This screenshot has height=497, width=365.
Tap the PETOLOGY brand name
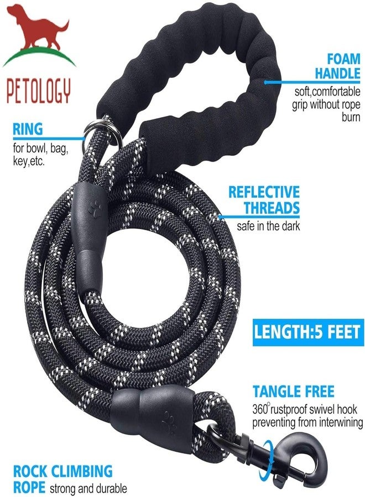(x=38, y=91)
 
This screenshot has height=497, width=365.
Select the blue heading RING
(x=28, y=129)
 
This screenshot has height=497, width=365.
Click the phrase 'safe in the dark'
(x=268, y=226)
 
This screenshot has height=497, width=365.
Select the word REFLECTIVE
(x=264, y=192)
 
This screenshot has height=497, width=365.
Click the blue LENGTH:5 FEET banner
(x=308, y=332)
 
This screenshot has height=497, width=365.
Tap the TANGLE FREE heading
(x=293, y=392)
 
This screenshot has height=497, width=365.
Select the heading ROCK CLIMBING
(x=63, y=472)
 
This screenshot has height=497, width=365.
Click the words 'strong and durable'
(x=88, y=489)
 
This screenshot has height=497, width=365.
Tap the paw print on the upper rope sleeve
(x=95, y=208)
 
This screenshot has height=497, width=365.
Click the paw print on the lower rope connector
(x=169, y=422)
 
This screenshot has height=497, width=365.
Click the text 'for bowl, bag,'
(x=40, y=148)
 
